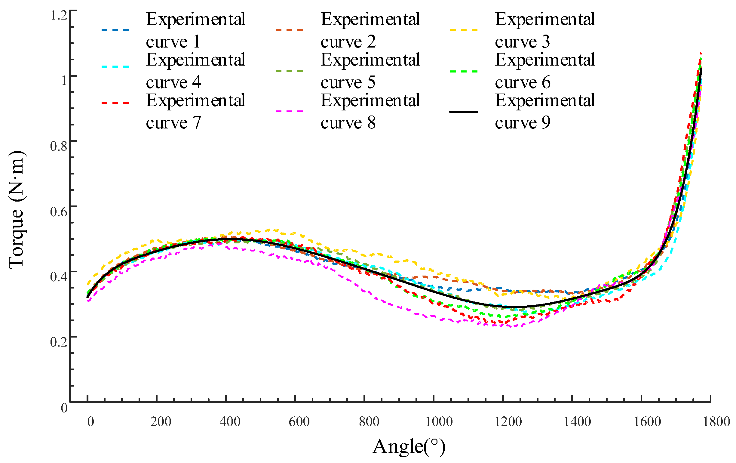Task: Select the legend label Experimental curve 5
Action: coord(370,71)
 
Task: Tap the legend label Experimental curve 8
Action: coord(370,111)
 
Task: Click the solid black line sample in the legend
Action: coord(464,112)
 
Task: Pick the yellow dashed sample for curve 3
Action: coord(464,30)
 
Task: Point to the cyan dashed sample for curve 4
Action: coord(115,66)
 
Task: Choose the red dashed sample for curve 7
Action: coord(115,103)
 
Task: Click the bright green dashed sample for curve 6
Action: coord(464,71)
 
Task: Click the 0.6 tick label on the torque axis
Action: coord(59,211)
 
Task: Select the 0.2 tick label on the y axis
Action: coord(59,342)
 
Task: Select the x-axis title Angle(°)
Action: coord(409,446)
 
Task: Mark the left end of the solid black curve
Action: coord(87,297)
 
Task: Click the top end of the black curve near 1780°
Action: coord(701,69)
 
